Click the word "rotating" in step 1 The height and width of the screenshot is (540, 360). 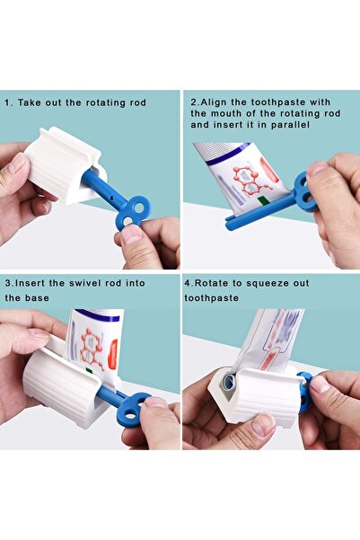pyautogui.click(x=105, y=103)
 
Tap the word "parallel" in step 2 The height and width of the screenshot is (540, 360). pyautogui.click(x=290, y=125)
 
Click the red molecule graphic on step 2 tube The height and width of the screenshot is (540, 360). pyautogui.click(x=250, y=180)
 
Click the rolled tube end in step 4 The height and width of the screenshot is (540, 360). pyautogui.click(x=228, y=382)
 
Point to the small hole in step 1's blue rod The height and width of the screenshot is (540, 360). pyautogui.click(x=111, y=198)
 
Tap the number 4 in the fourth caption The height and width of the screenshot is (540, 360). pyautogui.click(x=188, y=284)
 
